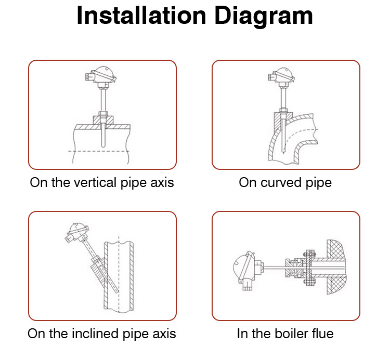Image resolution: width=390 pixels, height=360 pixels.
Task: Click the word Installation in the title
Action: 141,16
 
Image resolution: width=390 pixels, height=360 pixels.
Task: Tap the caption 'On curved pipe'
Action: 285,183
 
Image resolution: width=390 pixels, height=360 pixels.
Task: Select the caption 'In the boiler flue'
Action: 285,334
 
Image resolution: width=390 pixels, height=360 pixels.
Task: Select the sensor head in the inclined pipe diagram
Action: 76,233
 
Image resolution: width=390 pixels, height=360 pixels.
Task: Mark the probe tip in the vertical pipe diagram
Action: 103,146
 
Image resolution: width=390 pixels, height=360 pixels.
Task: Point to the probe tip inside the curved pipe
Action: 283,152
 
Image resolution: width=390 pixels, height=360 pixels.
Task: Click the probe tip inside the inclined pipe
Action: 118,291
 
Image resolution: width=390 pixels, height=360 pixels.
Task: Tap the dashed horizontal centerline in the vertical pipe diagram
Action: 98,151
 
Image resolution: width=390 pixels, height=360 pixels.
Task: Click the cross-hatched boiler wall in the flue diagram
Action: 336,267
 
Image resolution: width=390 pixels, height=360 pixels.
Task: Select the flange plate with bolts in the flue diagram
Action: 309,268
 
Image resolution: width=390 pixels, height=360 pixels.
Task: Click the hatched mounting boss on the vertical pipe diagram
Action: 103,121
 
